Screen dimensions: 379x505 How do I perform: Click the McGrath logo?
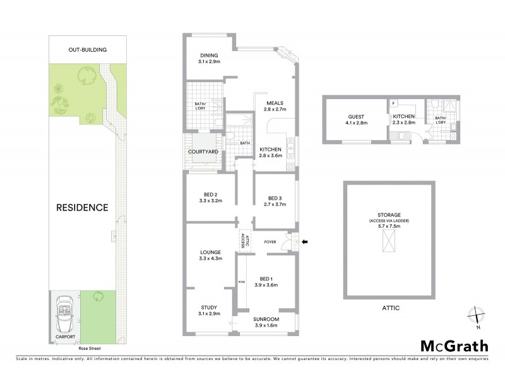454,346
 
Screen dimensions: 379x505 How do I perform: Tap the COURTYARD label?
203,152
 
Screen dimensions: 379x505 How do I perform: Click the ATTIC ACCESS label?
246,239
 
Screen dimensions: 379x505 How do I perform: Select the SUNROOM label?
266,320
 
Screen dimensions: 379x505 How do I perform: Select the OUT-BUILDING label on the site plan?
88,49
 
